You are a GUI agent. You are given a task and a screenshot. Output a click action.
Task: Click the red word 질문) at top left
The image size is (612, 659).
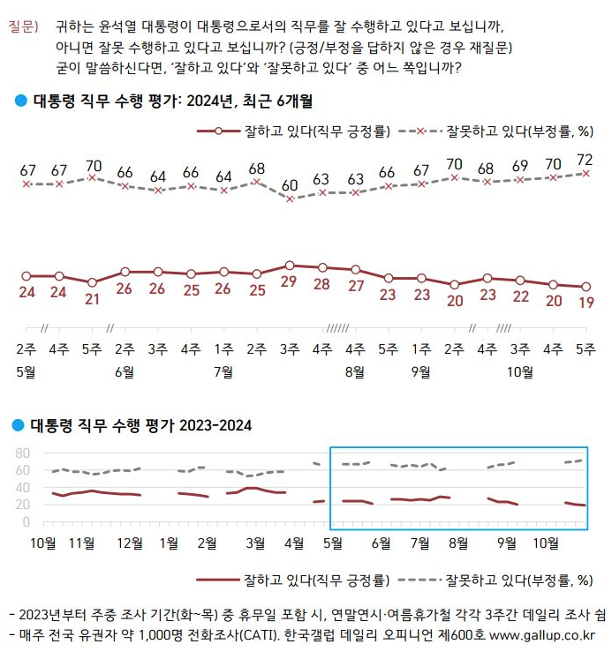[x=23, y=28]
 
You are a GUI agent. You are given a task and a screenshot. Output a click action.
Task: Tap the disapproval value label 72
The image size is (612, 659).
[x=585, y=160]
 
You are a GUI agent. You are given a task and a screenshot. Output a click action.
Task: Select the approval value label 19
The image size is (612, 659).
[x=585, y=303]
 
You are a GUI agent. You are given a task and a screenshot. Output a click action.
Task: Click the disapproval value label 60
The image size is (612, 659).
[x=290, y=186]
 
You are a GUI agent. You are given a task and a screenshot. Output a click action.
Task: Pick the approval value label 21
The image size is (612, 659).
[x=93, y=298]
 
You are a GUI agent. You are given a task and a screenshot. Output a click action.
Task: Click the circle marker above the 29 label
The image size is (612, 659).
[x=290, y=265]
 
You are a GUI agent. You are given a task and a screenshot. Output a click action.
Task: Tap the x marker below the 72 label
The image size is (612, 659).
[x=585, y=174]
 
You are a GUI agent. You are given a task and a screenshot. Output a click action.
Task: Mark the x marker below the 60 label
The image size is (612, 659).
[x=290, y=199]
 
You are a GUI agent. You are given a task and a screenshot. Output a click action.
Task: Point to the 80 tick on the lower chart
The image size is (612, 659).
[x=22, y=453]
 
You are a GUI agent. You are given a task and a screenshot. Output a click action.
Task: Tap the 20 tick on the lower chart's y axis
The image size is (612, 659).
[x=22, y=505]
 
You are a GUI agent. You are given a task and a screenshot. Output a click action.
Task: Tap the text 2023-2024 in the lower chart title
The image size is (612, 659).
[x=216, y=425]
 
